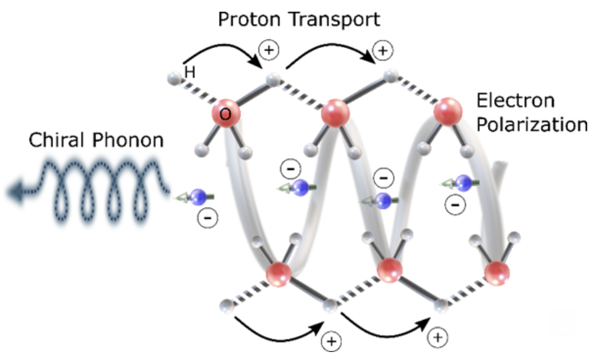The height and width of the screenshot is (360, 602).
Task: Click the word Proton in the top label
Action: click(244, 20)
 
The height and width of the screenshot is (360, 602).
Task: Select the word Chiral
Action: click(57, 141)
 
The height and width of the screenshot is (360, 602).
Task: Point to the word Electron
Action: click(516, 100)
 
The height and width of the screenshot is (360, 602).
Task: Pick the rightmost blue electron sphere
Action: click(464, 182)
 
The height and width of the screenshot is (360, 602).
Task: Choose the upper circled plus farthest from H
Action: click(382, 51)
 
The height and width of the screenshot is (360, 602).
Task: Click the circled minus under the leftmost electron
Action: click(205, 216)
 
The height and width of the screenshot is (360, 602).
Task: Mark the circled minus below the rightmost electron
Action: click(455, 203)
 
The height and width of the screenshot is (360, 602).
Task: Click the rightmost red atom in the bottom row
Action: click(497, 271)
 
